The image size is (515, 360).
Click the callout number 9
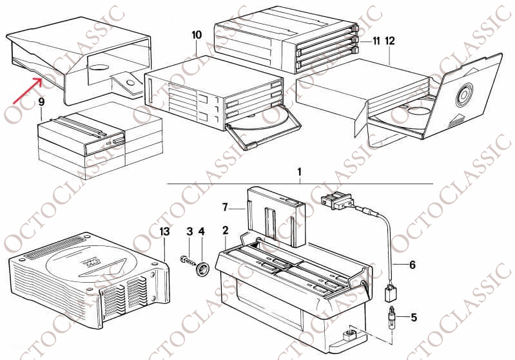tap(41, 101)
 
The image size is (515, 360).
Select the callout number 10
tap(197, 33)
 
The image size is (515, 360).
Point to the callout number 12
tap(391, 41)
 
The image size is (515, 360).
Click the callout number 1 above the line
tap(299, 172)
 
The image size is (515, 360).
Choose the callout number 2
tap(225, 230)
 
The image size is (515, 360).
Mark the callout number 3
tap(189, 231)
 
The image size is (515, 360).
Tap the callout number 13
tap(164, 231)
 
